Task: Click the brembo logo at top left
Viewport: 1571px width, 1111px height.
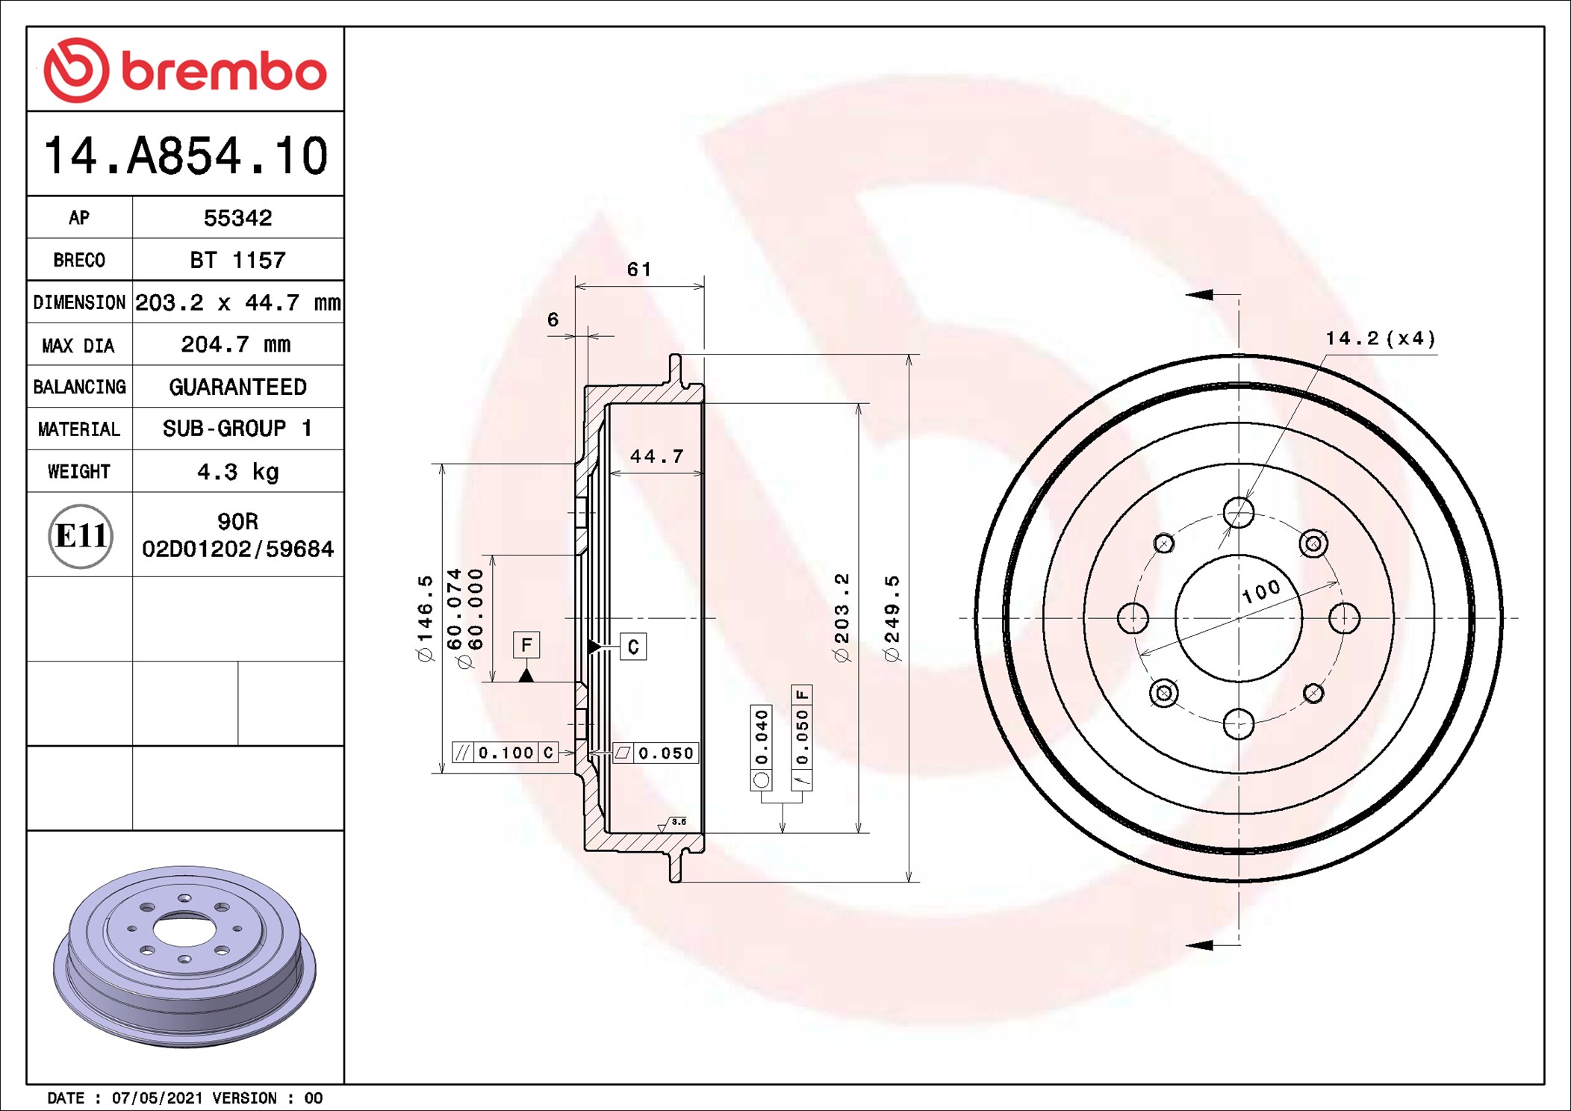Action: coord(185,70)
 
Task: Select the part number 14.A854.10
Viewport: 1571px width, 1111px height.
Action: coord(185,155)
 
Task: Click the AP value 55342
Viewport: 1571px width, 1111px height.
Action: coord(237,218)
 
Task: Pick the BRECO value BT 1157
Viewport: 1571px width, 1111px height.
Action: coord(237,260)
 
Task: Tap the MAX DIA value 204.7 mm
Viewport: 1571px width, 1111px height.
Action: coord(236,345)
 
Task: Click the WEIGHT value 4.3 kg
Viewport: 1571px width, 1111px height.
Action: coord(237,472)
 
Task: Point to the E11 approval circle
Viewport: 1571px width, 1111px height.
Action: coord(81,535)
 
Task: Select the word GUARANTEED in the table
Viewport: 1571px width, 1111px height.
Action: coord(237,387)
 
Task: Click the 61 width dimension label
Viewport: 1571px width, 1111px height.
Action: coord(639,270)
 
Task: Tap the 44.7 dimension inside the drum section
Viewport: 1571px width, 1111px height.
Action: coord(656,456)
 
